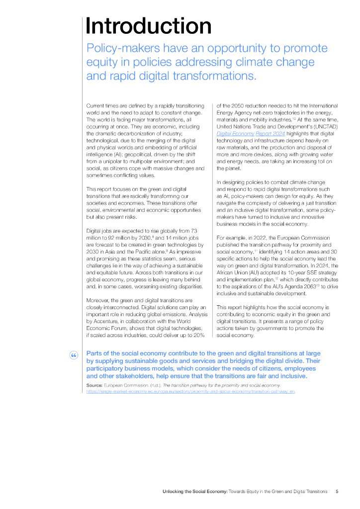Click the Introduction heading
[149, 26]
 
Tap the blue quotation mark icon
[73, 355]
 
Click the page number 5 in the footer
[337, 492]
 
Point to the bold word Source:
[94, 385]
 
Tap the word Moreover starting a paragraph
[98, 300]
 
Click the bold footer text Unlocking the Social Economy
[194, 492]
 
